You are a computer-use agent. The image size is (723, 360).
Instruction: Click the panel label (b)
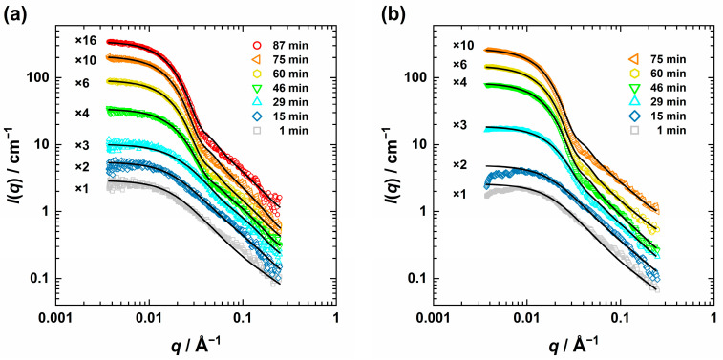(393, 15)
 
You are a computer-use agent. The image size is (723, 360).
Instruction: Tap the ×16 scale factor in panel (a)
(87, 41)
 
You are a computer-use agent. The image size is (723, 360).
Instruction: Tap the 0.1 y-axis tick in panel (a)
(39, 279)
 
